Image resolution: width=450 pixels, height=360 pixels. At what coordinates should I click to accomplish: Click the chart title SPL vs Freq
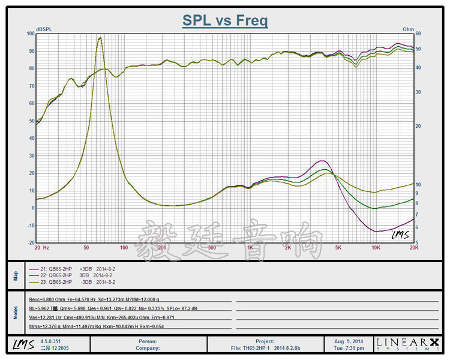coord(225,20)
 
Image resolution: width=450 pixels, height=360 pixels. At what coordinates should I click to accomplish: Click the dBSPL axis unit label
coord(45,29)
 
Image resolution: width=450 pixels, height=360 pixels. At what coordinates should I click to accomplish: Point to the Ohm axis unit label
coord(408,29)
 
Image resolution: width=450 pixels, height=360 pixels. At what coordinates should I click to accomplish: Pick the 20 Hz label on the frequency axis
coord(41,247)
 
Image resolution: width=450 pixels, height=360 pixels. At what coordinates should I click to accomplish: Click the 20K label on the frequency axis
coord(413,247)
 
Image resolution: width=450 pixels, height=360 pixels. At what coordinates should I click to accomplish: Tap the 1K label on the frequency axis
coord(250,247)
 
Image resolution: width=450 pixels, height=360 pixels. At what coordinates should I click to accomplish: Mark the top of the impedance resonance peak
coord(100,38)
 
